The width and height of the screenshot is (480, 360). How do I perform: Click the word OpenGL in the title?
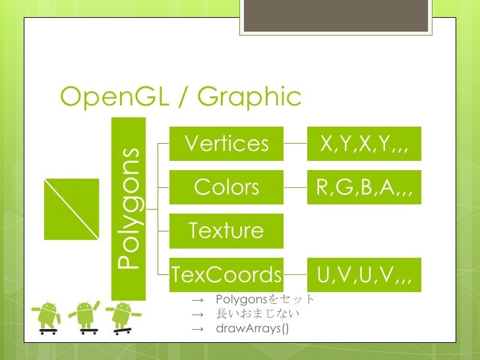113,98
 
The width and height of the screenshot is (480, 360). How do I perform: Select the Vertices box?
226,144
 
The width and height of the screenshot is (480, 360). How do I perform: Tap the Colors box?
226,187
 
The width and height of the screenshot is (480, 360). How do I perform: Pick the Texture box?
226,231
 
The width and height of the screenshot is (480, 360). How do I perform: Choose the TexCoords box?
226,274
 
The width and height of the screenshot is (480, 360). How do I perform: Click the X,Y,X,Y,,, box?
365,144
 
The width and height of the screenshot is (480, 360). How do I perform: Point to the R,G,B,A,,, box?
365,187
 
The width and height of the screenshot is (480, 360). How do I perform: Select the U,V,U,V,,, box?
365,274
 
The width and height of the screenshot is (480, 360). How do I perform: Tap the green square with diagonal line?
71,209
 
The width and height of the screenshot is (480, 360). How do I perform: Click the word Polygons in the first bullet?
239,300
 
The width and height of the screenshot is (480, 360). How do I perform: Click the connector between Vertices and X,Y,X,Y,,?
295,144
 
